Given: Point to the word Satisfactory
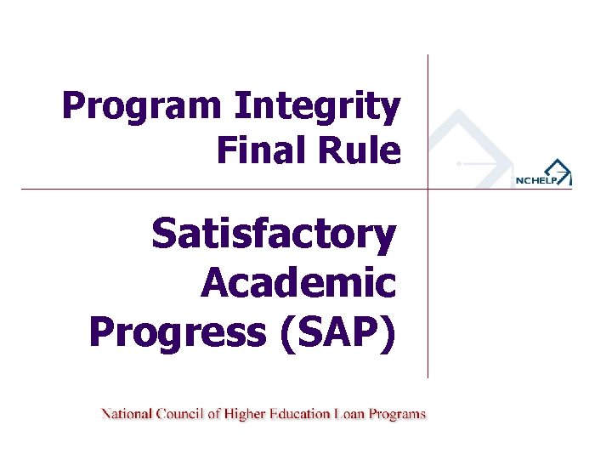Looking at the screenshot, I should click(274, 235).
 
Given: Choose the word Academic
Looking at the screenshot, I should click(298, 283).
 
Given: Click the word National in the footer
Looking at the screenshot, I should click(127, 415).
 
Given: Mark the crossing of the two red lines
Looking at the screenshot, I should click(428, 189).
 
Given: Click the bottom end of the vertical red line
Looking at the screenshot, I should click(428, 376).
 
